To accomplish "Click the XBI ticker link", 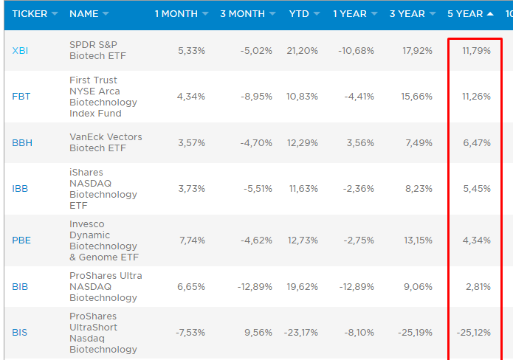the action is [20, 51].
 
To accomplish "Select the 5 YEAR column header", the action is [465, 14].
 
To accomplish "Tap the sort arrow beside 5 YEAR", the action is [490, 14].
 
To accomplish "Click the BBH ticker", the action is [22, 143].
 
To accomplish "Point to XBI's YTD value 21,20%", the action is [303, 51].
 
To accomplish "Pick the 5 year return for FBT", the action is [476, 97].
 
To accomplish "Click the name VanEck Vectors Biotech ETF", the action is [106, 142].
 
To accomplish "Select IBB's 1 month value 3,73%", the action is [191, 189].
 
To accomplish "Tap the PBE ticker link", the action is [21, 240].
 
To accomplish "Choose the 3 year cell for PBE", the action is [418, 240].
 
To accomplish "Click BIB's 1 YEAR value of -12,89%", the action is [357, 287].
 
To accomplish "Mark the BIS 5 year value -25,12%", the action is [473, 333].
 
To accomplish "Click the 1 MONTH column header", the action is [176, 14].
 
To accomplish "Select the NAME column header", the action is [83, 14].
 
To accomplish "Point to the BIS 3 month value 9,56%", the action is [258, 333].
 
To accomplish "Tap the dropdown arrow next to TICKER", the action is [55, 14].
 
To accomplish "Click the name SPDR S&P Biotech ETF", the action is [97, 50].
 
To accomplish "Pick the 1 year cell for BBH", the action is [360, 143].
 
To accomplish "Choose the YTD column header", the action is [299, 14].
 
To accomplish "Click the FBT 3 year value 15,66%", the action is [416, 97].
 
